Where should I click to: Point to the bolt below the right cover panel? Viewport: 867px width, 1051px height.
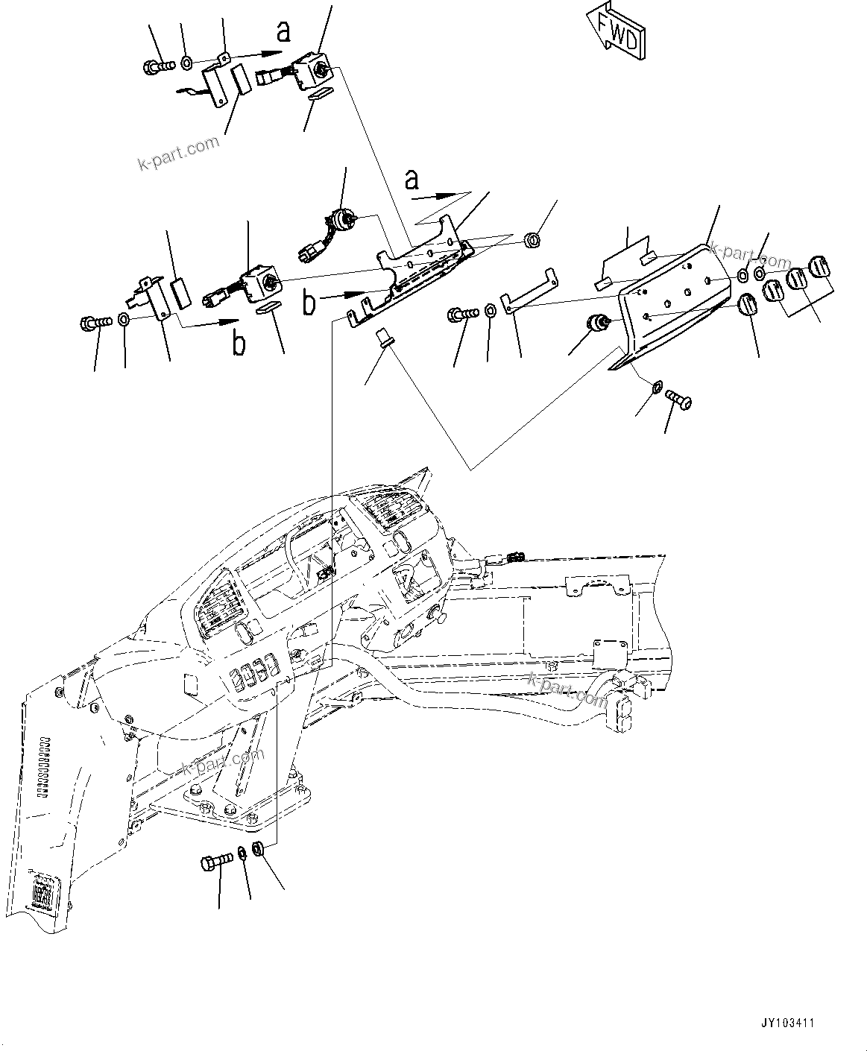678,400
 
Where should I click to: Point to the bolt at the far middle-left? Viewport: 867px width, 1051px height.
95,323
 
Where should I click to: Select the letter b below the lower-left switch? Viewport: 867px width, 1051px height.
238,344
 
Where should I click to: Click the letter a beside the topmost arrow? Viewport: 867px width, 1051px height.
283,31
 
